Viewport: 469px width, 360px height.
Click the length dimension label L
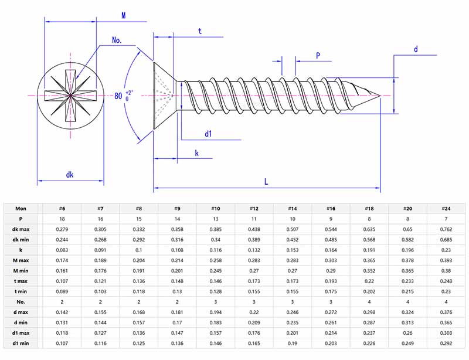[x=266, y=182]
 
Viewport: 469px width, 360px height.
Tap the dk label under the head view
[x=70, y=175]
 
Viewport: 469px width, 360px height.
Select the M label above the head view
[x=123, y=15]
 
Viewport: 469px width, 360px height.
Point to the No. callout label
[x=117, y=40]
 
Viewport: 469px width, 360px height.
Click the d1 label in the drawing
[x=208, y=134]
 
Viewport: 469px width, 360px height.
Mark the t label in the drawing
[x=200, y=31]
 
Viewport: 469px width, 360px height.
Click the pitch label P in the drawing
[x=318, y=56]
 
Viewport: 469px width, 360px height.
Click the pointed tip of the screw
[x=380, y=95]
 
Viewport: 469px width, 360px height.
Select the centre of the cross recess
[x=70, y=95]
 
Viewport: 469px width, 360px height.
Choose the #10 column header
[x=216, y=208]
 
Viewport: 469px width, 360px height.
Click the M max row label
[x=22, y=260]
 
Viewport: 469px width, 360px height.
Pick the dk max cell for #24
[x=446, y=229]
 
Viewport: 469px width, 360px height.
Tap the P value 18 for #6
[x=62, y=219]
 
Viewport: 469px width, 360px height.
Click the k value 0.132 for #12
[x=254, y=250]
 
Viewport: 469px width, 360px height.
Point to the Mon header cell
[x=21, y=208]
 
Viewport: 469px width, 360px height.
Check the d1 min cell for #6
[x=62, y=344]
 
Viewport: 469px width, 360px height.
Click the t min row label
[x=21, y=291]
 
